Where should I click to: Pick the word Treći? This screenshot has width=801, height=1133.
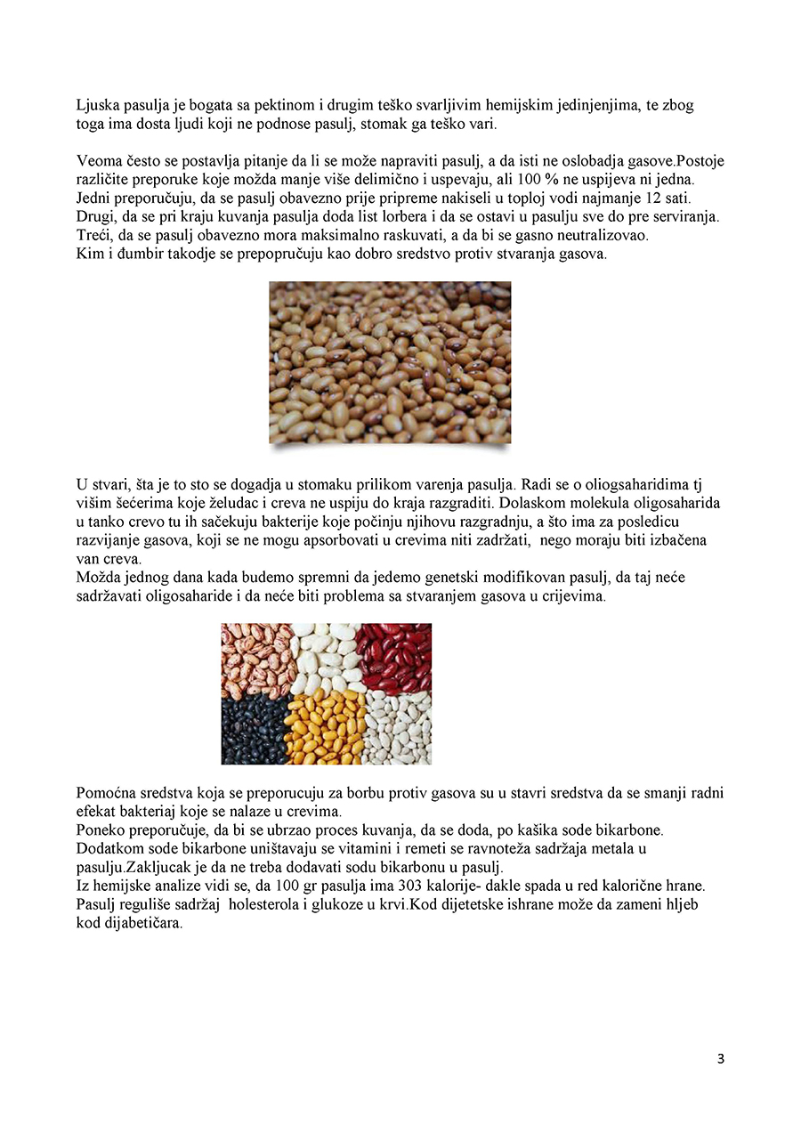coord(96,236)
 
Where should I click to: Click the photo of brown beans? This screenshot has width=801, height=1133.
coord(390,362)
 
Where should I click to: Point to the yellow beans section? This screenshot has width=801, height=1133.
coord(324,728)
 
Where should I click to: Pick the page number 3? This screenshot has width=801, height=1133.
coord(720,1059)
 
